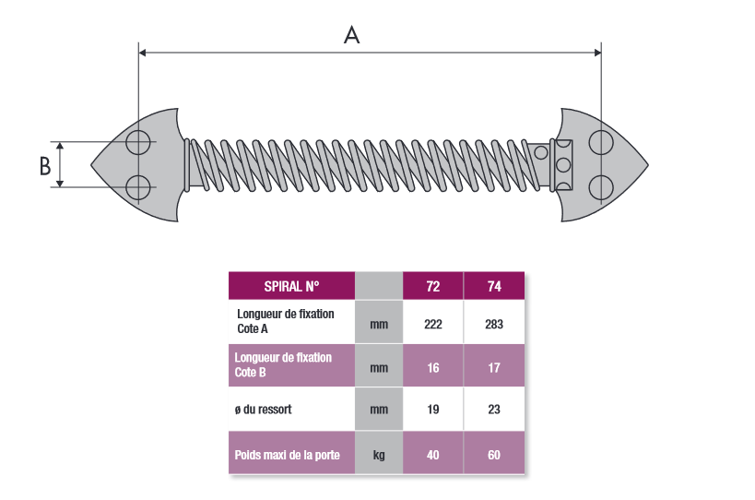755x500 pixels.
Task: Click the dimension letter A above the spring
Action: (x=351, y=35)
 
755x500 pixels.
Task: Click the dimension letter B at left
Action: (x=45, y=165)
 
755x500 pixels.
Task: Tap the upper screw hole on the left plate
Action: (x=138, y=142)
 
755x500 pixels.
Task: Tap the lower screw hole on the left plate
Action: (x=138, y=187)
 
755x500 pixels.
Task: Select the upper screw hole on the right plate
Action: (x=601, y=143)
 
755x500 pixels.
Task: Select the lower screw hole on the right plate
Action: (x=601, y=187)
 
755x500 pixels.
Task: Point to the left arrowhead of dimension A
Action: (x=142, y=53)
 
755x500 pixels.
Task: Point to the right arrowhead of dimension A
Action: (x=597, y=53)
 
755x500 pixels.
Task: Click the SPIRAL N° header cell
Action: (x=292, y=286)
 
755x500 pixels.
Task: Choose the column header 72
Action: (x=433, y=286)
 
